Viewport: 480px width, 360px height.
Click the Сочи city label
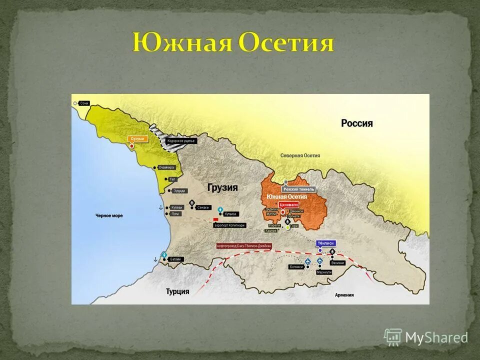coord(84,103)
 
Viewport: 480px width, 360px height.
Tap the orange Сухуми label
coord(137,138)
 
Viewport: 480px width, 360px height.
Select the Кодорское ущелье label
coord(181,141)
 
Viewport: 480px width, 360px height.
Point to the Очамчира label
coord(165,167)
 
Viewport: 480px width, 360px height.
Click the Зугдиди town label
coord(179,191)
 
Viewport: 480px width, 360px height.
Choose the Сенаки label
coord(202,207)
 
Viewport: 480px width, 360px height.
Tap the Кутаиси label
coord(230,214)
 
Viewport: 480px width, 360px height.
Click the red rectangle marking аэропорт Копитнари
coord(216,219)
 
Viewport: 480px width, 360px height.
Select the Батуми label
coord(175,259)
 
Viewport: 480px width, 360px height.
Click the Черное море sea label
coord(109,216)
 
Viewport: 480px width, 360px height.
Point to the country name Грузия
coord(222,187)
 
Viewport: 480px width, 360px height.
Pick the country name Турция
coord(177,291)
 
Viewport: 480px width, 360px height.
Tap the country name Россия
coord(356,123)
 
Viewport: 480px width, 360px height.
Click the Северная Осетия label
coord(300,155)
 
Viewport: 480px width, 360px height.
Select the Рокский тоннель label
coord(298,189)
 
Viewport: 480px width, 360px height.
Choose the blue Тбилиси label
coord(326,243)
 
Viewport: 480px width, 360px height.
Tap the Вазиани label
coord(337,263)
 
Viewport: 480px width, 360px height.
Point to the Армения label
coord(344,295)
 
